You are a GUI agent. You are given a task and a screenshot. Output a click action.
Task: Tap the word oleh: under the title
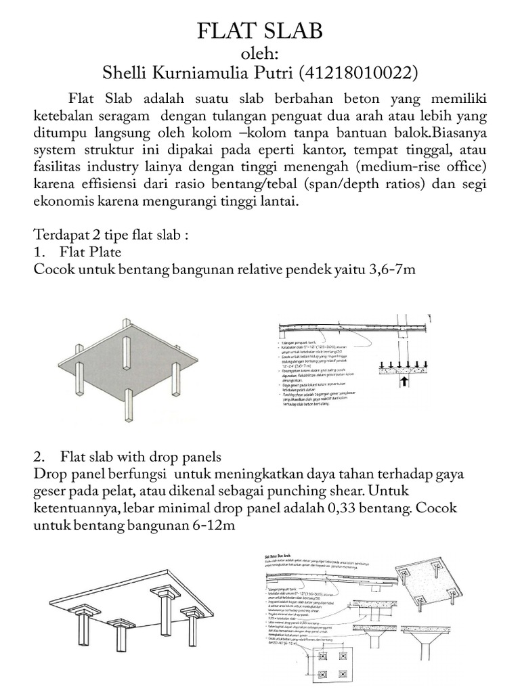[x=260, y=53]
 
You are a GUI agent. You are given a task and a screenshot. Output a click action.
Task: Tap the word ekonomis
[x=65, y=202]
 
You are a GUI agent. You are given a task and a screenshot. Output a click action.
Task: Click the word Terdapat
[x=60, y=237]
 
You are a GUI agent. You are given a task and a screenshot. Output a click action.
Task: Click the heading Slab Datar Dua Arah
[x=280, y=557]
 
